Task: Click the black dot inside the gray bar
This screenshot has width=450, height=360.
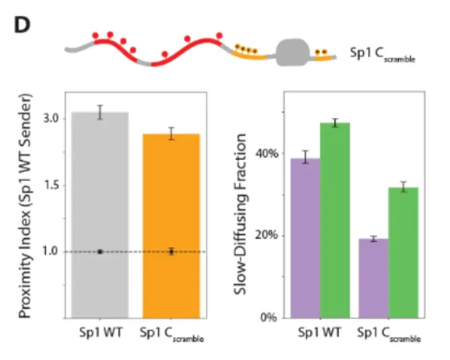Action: click(x=100, y=252)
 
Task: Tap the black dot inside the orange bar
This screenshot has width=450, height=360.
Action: click(x=172, y=252)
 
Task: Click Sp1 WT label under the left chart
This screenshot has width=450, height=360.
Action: click(x=98, y=331)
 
